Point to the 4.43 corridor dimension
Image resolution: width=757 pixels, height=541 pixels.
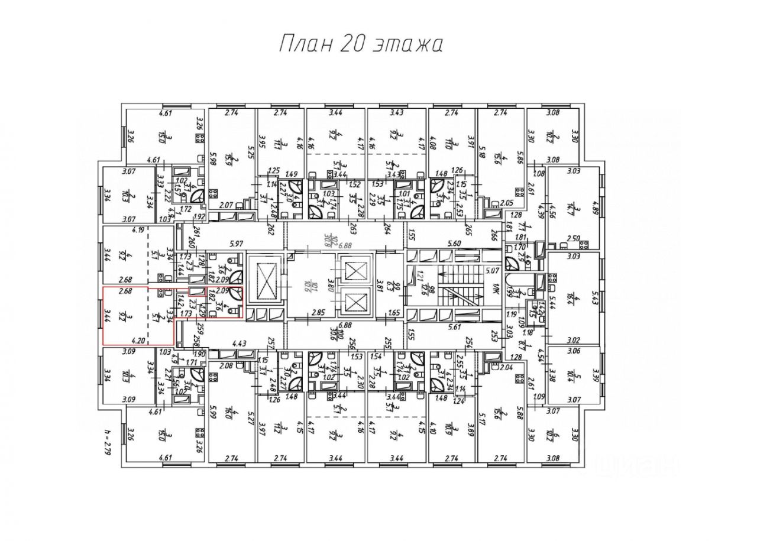(x=240, y=343)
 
